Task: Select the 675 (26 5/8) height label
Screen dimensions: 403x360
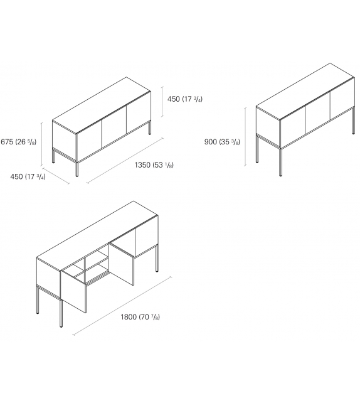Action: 19,142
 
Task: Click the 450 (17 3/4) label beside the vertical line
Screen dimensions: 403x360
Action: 184,99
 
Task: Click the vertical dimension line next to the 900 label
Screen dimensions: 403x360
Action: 245,136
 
